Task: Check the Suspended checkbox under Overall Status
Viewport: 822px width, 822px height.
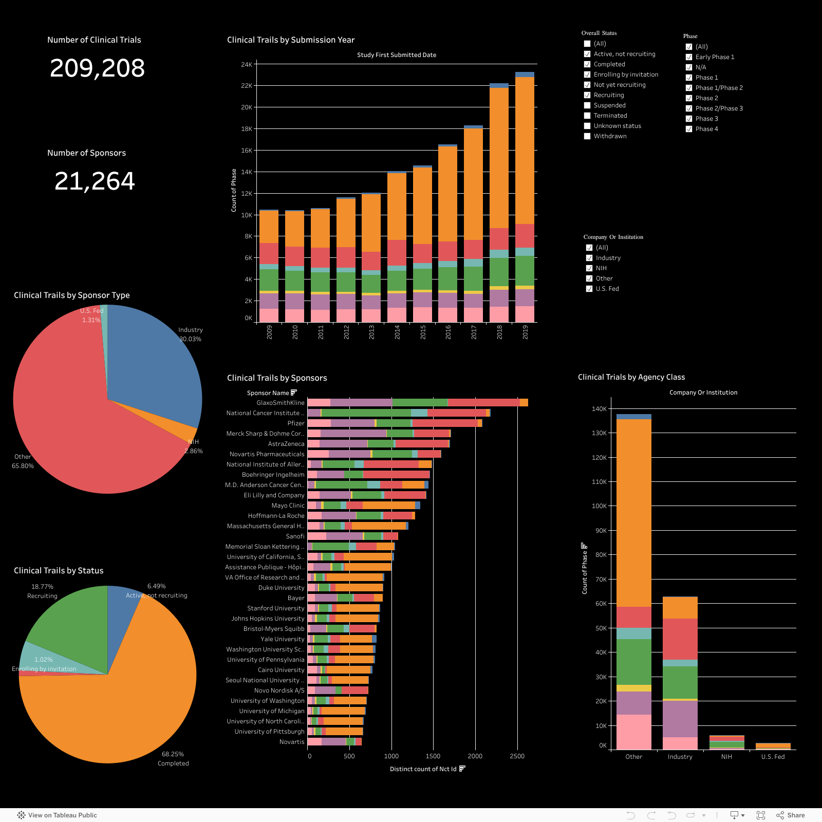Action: pos(587,105)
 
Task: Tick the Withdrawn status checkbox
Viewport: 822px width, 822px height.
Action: pos(587,136)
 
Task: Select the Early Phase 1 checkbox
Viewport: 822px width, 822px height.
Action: pos(689,57)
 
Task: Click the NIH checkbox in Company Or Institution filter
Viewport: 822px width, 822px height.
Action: pos(589,268)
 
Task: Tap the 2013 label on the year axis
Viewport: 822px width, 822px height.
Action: pos(372,332)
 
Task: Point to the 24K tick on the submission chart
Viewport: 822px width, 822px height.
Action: pos(247,65)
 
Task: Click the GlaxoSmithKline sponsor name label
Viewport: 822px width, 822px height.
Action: pos(281,403)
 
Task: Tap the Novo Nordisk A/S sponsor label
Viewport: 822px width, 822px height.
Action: pos(279,690)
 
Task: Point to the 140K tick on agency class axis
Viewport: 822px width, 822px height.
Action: pos(599,409)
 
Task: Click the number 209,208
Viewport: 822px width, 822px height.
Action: pos(97,68)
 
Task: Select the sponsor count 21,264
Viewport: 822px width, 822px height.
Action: pos(95,181)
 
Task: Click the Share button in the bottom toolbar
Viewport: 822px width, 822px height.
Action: pos(791,815)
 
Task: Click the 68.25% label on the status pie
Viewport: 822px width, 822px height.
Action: pos(173,754)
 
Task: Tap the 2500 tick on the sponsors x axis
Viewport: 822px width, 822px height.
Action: pos(517,756)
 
